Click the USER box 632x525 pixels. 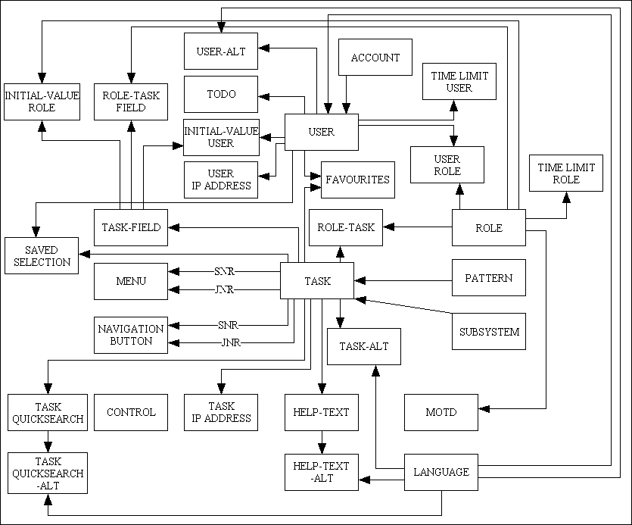[321, 132]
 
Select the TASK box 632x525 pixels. [317, 281]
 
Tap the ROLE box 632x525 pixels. [488, 228]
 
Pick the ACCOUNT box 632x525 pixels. [375, 58]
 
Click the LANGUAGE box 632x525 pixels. [441, 472]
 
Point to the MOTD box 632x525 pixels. [441, 412]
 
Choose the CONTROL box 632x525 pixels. [131, 412]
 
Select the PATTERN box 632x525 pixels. [488, 278]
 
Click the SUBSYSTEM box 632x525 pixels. [489, 331]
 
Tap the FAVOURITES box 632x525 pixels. [358, 180]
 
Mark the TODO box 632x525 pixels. [221, 95]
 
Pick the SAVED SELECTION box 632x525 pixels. [41, 256]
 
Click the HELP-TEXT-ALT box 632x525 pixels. [321, 472]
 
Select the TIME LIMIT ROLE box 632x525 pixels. [566, 173]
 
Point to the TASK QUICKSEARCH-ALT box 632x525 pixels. [47, 473]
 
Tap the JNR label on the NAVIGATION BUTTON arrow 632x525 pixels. [230, 342]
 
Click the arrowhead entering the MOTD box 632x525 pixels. [484, 409]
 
